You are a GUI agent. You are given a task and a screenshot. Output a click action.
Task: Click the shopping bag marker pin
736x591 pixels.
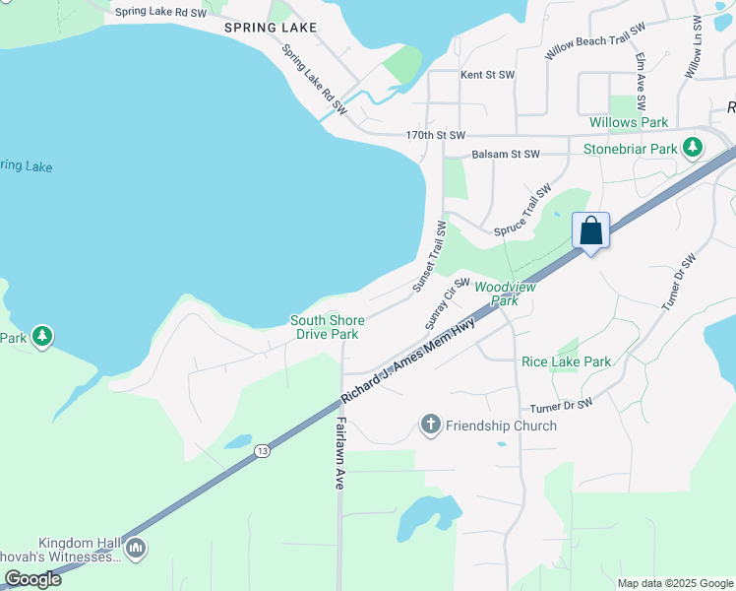point(590,231)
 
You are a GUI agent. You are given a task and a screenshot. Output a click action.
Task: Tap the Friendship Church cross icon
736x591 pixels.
point(430,426)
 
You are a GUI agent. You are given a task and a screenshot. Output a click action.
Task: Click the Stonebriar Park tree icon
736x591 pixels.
point(693,148)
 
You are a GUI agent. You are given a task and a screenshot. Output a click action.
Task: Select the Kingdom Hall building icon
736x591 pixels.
point(136,548)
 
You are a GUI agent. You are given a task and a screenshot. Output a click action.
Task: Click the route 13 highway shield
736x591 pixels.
point(261,451)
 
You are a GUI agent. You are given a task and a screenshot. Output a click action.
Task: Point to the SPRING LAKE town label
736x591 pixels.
point(271,28)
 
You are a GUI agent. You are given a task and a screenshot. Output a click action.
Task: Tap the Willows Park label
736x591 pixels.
point(629,123)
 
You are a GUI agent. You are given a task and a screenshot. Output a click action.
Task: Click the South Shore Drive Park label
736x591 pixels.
point(328,327)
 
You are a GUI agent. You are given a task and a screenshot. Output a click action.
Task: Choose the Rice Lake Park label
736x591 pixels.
point(566,362)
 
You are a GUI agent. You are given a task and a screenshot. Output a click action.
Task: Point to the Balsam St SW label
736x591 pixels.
point(506,155)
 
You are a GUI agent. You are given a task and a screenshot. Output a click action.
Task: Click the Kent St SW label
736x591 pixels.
point(487,75)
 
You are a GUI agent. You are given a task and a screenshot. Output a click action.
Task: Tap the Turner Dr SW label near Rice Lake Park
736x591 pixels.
point(561,405)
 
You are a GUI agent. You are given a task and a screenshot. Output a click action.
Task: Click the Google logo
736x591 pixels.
point(32,579)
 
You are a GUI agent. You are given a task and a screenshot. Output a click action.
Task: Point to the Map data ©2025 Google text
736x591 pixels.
point(675,583)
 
